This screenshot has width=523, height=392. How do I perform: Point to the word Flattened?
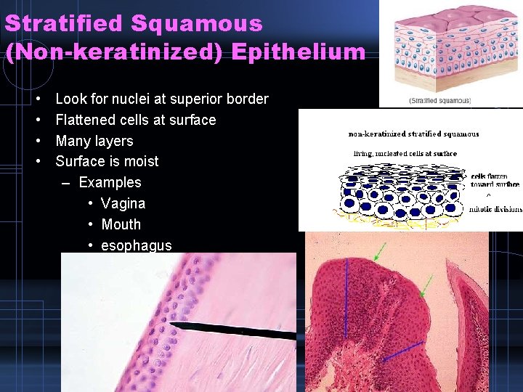pos(86,120)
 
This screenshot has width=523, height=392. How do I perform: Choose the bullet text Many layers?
pos(94,141)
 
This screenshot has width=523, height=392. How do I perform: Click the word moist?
pos(141,161)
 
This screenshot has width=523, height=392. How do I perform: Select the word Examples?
pos(110,182)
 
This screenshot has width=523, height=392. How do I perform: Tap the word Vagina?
pos(123,203)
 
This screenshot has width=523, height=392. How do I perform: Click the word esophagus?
pos(136,245)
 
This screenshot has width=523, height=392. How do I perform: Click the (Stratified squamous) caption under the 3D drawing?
pos(440,100)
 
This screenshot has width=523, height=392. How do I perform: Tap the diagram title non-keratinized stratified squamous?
pos(414,134)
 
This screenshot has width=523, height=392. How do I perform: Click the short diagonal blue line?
pos(402,351)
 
